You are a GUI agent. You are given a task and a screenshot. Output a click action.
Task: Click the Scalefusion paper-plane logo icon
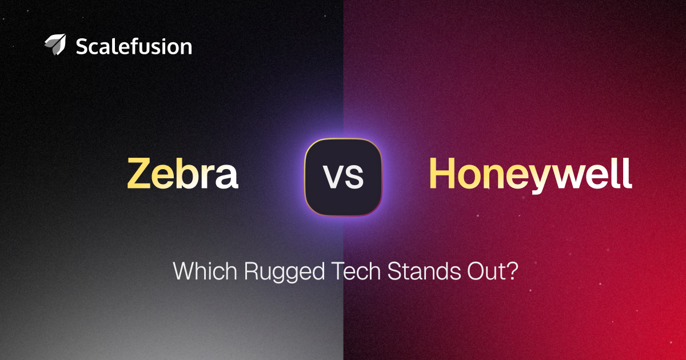[x=55, y=45]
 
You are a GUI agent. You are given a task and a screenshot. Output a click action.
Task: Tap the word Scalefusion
[x=134, y=46]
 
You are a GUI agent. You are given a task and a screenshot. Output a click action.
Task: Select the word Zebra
[x=182, y=173]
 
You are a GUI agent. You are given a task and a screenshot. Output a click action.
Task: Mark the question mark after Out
[x=512, y=271]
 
